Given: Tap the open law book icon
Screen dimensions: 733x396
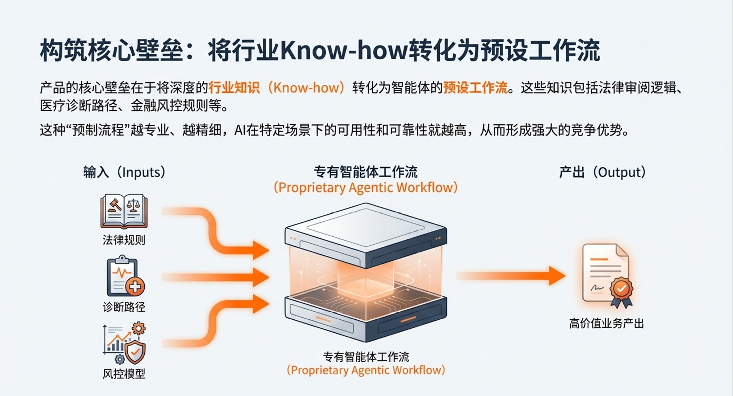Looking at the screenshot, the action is (124, 211).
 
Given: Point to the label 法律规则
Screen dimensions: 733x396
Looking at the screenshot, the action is (124, 240).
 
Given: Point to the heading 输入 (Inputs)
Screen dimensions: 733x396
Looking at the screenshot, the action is (124, 172).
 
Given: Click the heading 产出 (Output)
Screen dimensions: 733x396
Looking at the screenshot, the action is (602, 172).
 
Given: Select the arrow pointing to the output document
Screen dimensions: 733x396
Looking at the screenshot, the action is (511, 276).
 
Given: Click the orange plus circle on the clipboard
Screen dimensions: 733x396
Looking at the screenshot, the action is (135, 287).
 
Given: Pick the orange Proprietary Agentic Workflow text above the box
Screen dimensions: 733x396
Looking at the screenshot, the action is (366, 187).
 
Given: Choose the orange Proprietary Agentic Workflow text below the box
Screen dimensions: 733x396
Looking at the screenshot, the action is (366, 370).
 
